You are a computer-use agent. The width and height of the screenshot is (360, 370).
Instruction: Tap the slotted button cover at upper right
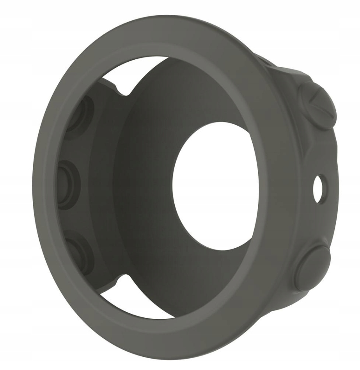click(x=317, y=103)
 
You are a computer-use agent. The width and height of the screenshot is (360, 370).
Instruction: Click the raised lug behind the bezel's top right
click(x=269, y=62)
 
